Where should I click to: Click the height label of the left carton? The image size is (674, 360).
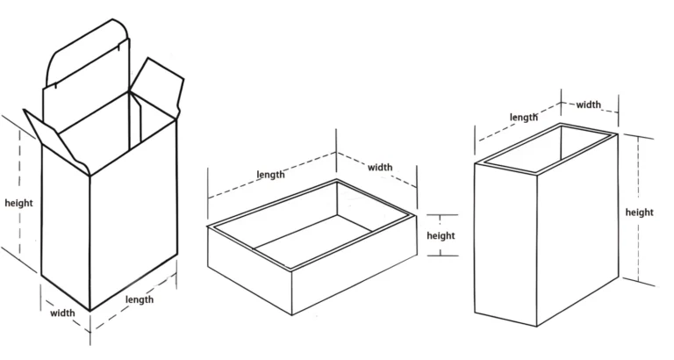18,203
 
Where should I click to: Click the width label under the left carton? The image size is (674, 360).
61,312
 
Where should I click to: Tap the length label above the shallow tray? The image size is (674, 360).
270,174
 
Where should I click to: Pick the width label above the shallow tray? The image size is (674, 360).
380,167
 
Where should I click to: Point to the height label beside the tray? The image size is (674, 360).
441,235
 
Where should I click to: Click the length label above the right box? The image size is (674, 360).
523,117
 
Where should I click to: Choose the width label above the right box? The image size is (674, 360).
588,104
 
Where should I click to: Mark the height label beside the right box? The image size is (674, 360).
640,212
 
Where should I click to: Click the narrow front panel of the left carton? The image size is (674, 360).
66,228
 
